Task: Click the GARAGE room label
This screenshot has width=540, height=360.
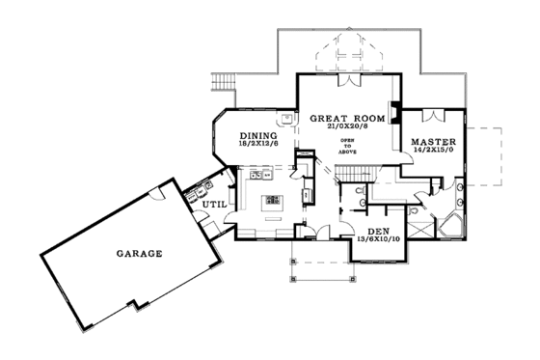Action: pyautogui.click(x=139, y=254)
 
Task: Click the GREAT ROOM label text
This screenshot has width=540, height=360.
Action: pyautogui.click(x=348, y=118)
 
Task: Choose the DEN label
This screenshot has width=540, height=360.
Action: pyautogui.click(x=378, y=232)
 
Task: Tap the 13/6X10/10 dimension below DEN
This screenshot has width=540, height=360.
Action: pyautogui.click(x=378, y=240)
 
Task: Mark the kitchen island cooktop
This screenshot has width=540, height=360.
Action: pyautogui.click(x=273, y=201)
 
